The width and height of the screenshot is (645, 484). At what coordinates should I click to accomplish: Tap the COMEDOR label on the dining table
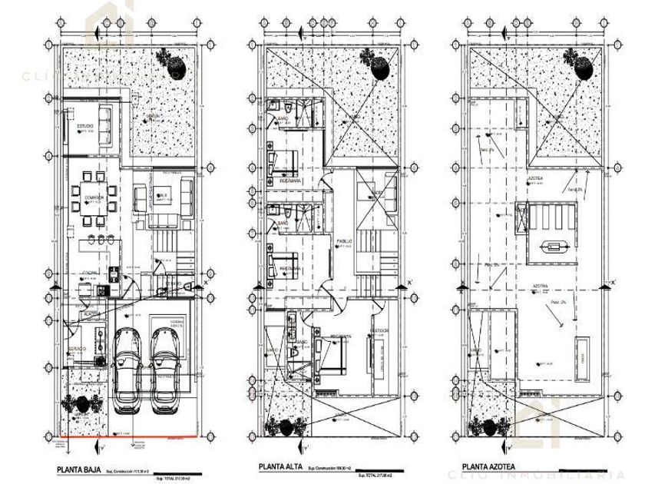pyautogui.click(x=94, y=197)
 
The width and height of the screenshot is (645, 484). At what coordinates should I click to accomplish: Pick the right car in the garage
pyautogui.click(x=166, y=369)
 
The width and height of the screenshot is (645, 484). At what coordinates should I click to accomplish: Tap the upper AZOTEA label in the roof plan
pyautogui.click(x=534, y=178)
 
